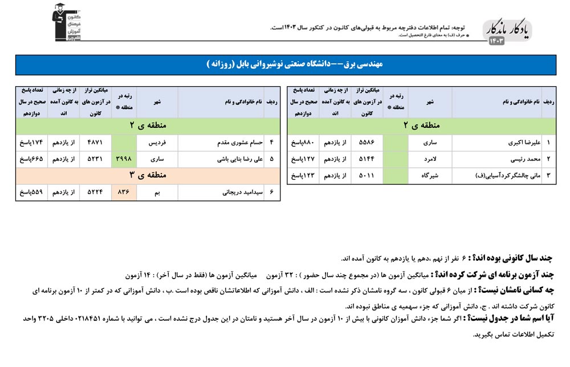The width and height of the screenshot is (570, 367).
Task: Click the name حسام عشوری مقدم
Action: (230, 143)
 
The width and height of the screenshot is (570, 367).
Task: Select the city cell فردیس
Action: (157, 143)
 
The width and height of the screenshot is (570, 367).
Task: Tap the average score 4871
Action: (96, 143)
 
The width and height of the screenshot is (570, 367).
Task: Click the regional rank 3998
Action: (124, 159)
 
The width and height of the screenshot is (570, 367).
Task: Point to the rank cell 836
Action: (124, 193)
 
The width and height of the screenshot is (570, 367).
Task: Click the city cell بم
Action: (157, 193)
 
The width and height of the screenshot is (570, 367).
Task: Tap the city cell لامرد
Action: (430, 159)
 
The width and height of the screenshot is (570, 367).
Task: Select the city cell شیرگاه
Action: (430, 176)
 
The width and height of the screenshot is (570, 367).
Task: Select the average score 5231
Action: (96, 159)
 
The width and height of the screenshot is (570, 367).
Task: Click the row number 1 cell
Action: (548, 143)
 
